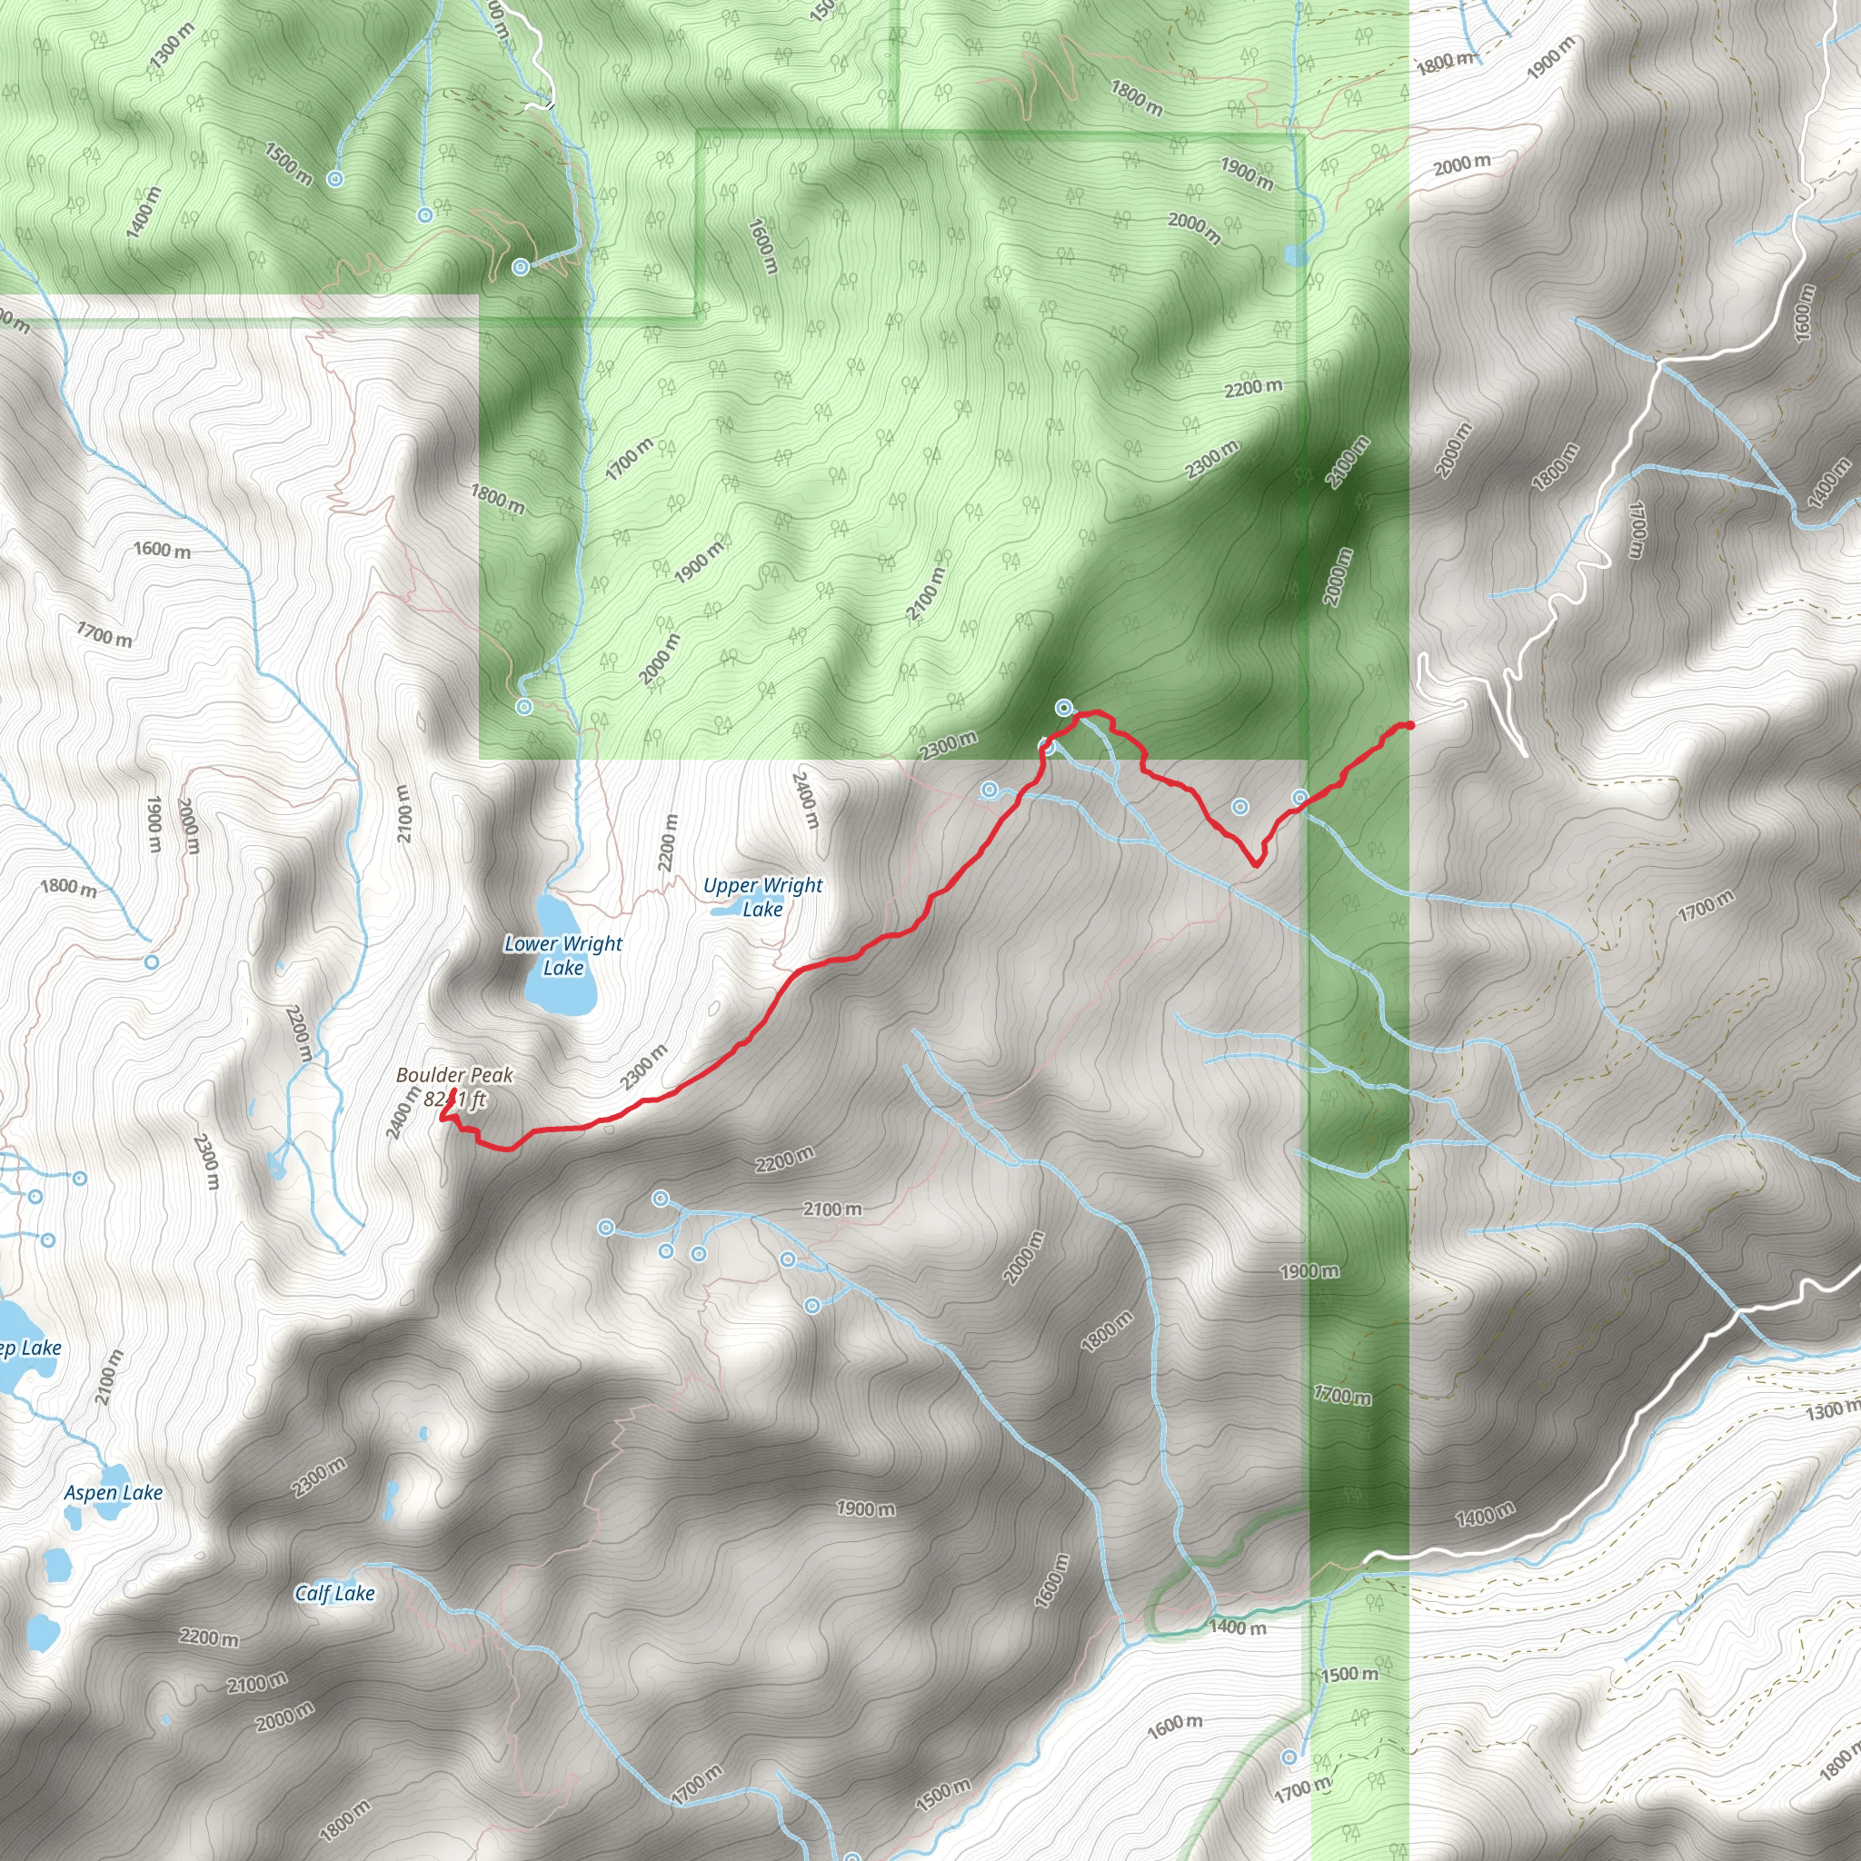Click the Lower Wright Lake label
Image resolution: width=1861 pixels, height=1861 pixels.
tap(562, 956)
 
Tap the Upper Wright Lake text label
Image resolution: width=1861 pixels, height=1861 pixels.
tap(763, 897)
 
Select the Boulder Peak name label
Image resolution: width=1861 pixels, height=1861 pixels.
tap(454, 1075)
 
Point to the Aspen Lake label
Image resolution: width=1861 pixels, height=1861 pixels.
tap(114, 1493)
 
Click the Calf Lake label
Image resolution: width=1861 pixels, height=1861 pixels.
tap(334, 1593)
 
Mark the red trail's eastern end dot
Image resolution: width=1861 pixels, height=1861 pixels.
tap(1410, 725)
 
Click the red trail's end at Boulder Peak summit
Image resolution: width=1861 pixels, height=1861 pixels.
tap(453, 1090)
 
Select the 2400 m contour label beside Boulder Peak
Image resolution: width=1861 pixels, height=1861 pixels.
tap(403, 1112)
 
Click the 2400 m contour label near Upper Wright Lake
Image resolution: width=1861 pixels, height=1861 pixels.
tap(805, 800)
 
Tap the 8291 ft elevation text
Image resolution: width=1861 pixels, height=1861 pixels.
tap(456, 1100)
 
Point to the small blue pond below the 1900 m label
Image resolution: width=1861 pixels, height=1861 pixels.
tap(1296, 255)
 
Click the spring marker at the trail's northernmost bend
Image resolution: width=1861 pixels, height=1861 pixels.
tap(1063, 708)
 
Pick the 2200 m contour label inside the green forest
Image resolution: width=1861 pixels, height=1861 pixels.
tap(1253, 388)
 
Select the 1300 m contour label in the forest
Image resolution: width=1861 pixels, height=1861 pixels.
tap(172, 46)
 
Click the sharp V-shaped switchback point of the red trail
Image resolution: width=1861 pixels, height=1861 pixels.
tap(1256, 864)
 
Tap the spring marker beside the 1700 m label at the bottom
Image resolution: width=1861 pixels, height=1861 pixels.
tap(1289, 1757)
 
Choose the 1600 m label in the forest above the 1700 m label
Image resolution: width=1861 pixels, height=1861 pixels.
tap(761, 245)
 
